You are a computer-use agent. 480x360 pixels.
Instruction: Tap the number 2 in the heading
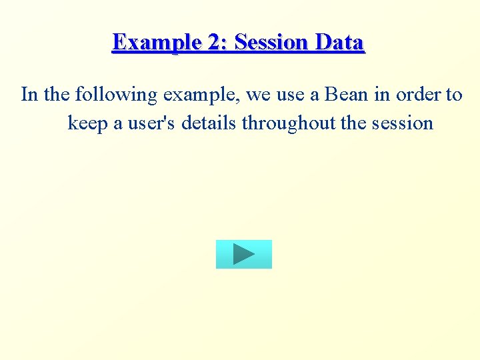(217, 43)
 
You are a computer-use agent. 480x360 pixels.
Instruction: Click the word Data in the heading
(340, 43)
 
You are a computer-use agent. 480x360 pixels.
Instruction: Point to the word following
(117, 95)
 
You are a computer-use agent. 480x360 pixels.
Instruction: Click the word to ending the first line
(454, 95)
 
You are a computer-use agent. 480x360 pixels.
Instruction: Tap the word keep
(87, 123)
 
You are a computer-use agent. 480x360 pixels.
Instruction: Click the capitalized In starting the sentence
(29, 95)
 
